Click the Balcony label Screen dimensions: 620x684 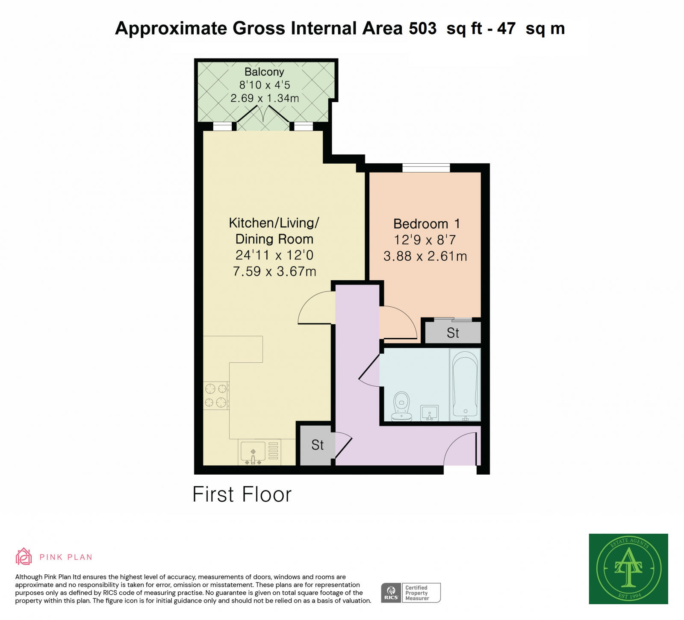pyautogui.click(x=264, y=72)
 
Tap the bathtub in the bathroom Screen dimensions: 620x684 pyautogui.click(x=465, y=385)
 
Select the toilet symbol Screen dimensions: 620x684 pyautogui.click(x=401, y=406)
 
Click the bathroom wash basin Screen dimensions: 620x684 pyautogui.click(x=429, y=413)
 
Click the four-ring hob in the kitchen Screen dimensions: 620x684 pyautogui.click(x=216, y=395)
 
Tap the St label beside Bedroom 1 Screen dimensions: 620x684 pyautogui.click(x=453, y=333)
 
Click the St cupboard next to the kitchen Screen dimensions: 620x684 pyautogui.click(x=317, y=445)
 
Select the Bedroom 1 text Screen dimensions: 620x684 pyautogui.click(x=426, y=224)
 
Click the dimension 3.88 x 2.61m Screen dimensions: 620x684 pyautogui.click(x=425, y=256)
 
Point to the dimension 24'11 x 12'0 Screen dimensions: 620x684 pyautogui.click(x=274, y=255)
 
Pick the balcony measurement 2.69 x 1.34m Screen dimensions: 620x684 pyautogui.click(x=264, y=98)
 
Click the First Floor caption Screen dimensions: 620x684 pyautogui.click(x=242, y=494)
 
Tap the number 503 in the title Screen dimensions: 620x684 pyautogui.click(x=422, y=29)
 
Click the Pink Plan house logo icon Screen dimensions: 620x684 pyautogui.click(x=24, y=556)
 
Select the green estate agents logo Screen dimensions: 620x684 pyautogui.click(x=628, y=569)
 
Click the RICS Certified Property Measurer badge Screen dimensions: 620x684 pyautogui.click(x=410, y=593)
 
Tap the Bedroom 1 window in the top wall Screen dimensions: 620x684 pyautogui.click(x=426, y=167)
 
